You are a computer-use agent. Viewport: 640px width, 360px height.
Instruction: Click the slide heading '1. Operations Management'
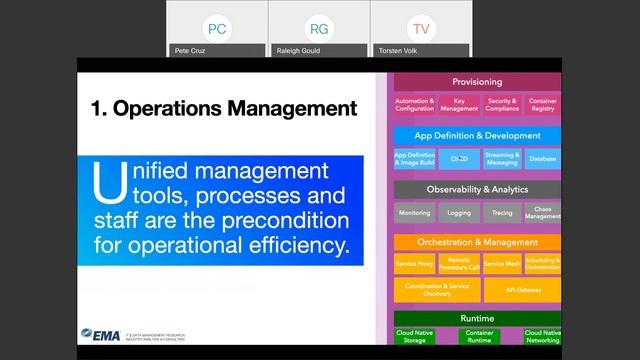[x=223, y=107]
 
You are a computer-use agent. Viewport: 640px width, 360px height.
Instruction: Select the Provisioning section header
[x=477, y=82]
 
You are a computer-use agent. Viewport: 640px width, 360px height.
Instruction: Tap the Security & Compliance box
[x=501, y=105]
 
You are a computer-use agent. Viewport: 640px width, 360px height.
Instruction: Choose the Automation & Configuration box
[x=414, y=105]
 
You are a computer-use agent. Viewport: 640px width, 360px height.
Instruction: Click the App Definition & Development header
[x=477, y=135]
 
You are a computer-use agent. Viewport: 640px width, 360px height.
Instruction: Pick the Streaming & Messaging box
[x=501, y=159]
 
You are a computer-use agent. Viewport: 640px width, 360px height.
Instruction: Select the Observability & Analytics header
[x=477, y=189]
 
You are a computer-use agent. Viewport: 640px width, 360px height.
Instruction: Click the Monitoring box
[x=414, y=213]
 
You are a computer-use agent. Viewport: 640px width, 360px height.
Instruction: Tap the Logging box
[x=458, y=213]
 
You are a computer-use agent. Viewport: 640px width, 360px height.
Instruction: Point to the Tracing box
[x=501, y=213]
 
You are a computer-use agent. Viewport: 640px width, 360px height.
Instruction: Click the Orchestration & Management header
[x=477, y=241]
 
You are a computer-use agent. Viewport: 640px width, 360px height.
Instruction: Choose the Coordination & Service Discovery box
[x=436, y=289]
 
